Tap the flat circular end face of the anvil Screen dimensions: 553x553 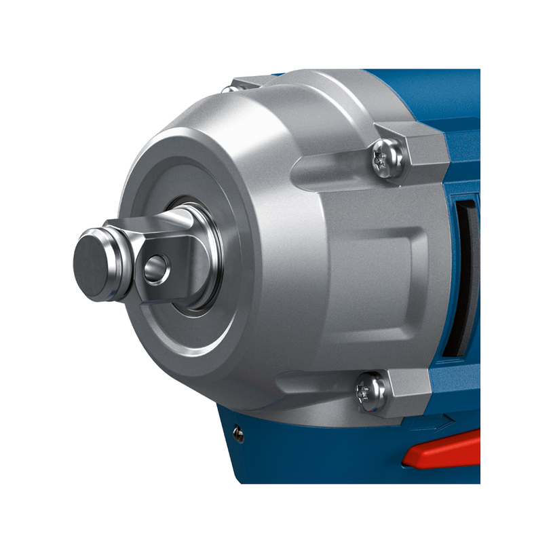91,261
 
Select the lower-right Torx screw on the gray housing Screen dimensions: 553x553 371,392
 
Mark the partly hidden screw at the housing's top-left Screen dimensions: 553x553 231,88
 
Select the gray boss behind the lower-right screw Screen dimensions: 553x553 407,390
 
